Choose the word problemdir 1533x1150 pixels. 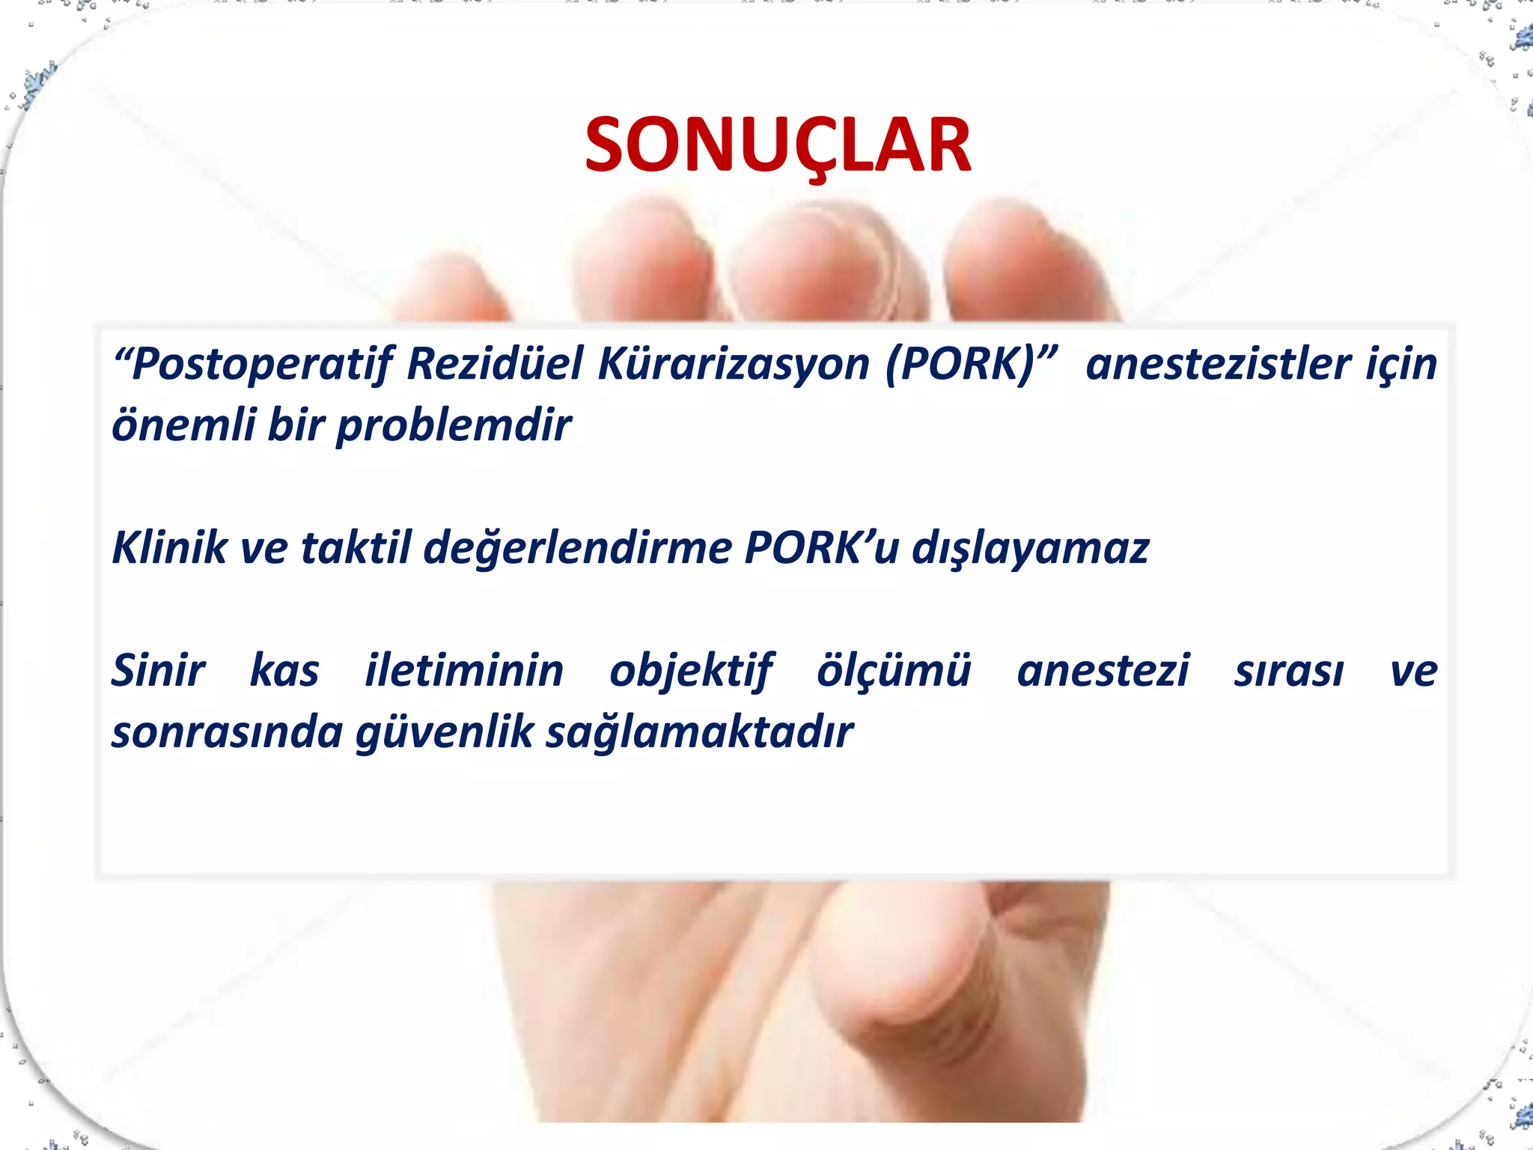pyautogui.click(x=454, y=426)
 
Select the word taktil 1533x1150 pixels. pyautogui.click(x=356, y=547)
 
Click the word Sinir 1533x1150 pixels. pyautogui.click(x=158, y=670)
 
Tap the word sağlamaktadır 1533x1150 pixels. pyautogui.click(x=699, y=733)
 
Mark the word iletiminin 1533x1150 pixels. pyautogui.click(x=464, y=670)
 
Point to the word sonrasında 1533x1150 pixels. pyautogui.click(x=227, y=733)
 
